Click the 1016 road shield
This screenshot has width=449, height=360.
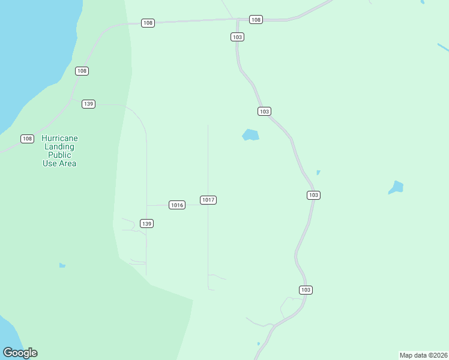coord(176,205)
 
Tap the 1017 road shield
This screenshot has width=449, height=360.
coord(208,200)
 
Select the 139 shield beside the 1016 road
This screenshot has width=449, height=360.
coord(147,223)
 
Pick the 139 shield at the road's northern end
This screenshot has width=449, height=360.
coord(89,104)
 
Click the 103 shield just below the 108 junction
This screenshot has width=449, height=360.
coord(237,37)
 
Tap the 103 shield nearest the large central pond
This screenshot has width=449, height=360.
coord(265,112)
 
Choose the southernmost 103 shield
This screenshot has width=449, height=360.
coord(306,290)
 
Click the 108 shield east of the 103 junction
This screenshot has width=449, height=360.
coord(256,20)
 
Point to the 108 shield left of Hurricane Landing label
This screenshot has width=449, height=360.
coord(27,139)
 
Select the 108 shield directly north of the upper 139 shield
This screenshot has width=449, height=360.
coord(82,71)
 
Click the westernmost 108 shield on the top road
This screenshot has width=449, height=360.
coord(148,23)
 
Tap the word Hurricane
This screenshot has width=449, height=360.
coord(59,139)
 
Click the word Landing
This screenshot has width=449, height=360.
coord(59,147)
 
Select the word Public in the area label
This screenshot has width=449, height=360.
coord(59,155)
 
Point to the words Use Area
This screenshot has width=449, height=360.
coord(59,163)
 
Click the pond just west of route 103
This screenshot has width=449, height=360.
coord(250,135)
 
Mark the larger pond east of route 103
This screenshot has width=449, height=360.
coord(396,187)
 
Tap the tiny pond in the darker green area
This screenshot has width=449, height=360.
coord(62,265)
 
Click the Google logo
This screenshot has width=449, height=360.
coord(20,353)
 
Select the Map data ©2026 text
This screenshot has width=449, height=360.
coord(423,355)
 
